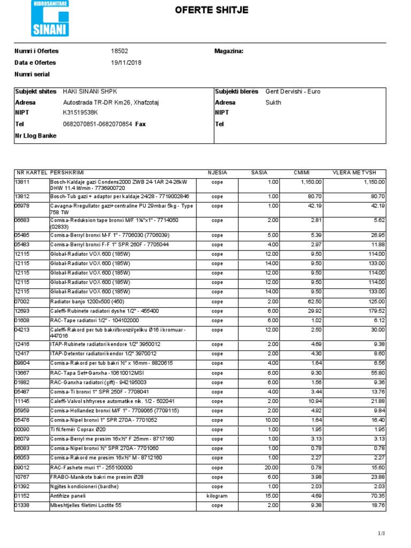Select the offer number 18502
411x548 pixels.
(119, 51)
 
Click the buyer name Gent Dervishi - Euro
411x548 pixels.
(293, 92)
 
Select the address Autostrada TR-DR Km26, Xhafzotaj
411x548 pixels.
(111, 102)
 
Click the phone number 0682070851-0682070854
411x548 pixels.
(97, 124)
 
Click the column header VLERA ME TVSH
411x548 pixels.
(355, 172)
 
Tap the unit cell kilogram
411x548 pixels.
(217, 496)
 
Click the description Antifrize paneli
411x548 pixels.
(70, 496)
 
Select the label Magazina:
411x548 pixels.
(229, 51)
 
